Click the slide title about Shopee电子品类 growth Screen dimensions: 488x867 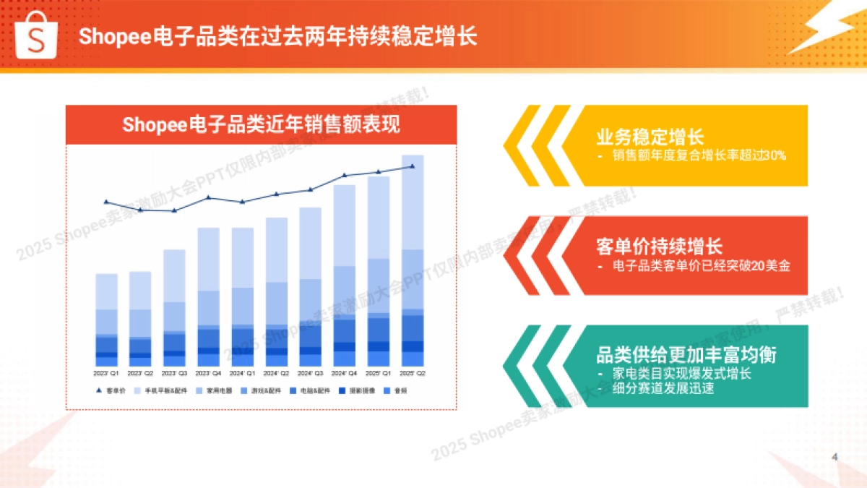278,37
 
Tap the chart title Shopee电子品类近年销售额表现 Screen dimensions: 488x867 261,124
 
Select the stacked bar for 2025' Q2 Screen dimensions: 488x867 413,260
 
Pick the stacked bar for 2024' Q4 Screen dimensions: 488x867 345,275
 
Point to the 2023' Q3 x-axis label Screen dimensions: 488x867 174,374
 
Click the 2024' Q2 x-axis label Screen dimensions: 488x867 276,374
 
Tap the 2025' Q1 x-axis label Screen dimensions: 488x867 379,374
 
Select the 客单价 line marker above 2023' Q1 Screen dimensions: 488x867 106,202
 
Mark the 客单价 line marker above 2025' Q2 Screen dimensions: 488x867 413,166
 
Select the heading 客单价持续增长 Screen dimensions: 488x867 660,247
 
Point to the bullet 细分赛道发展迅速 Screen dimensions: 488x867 663,388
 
